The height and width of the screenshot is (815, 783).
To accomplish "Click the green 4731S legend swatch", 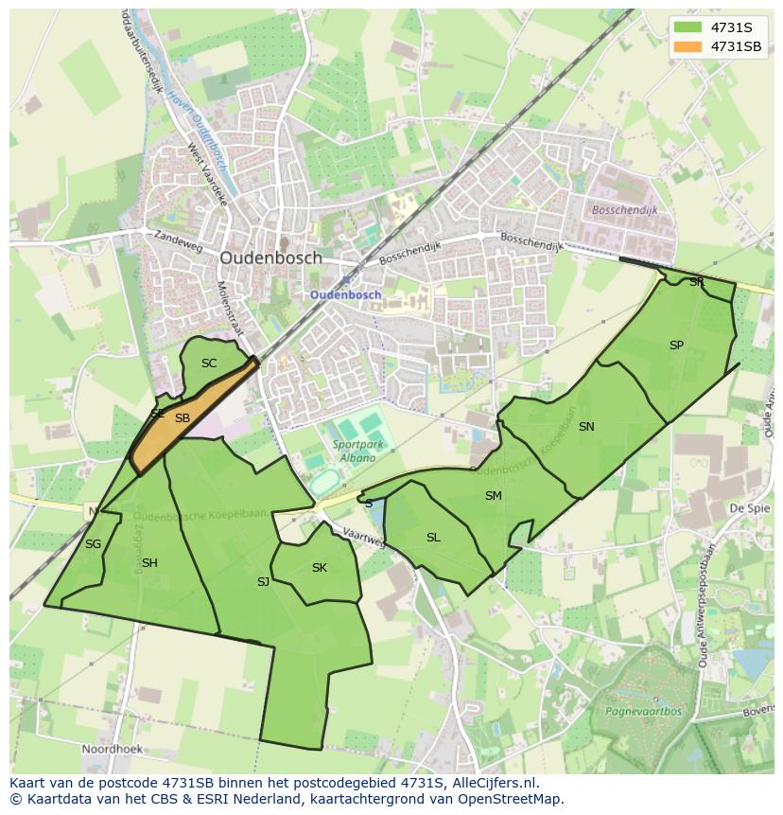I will click(x=687, y=27).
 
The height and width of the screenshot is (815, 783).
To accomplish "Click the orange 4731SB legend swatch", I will click(x=687, y=45).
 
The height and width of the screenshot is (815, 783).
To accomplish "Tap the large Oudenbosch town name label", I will click(x=270, y=257).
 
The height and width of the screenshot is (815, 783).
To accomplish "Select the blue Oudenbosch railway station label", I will click(x=346, y=294).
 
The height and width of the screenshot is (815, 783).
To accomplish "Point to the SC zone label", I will click(x=209, y=363).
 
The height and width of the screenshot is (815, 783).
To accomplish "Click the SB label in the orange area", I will click(x=183, y=417).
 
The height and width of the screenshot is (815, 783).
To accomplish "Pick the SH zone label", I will click(x=149, y=563).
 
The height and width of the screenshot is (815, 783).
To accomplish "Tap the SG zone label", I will click(x=93, y=544).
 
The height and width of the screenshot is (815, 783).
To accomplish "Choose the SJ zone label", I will click(x=263, y=581).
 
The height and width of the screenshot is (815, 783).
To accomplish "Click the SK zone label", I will click(x=320, y=568).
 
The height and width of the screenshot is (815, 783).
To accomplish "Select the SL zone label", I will click(x=433, y=538).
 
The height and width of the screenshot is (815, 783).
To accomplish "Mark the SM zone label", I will click(x=493, y=496).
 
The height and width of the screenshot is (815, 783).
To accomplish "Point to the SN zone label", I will click(x=586, y=427).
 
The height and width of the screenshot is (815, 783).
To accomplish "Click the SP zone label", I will click(x=676, y=345).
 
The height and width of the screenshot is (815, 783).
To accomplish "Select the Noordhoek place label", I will click(x=112, y=749).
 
